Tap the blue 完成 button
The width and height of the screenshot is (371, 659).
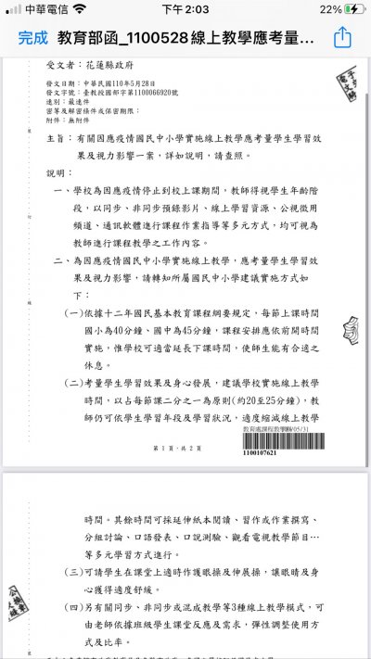pyautogui.click(x=32, y=38)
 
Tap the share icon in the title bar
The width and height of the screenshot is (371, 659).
pyautogui.click(x=342, y=38)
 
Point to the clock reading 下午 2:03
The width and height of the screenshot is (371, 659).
pyautogui.click(x=184, y=8)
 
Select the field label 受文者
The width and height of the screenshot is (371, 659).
pyautogui.click(x=58, y=68)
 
